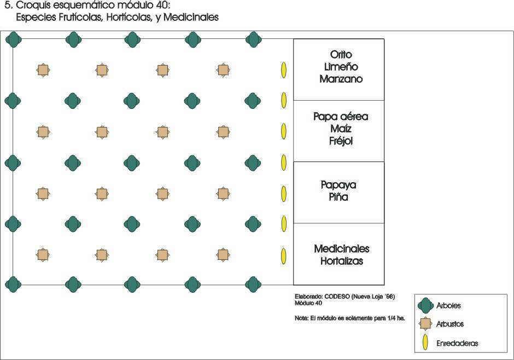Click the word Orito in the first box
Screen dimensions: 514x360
341,54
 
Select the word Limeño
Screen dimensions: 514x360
341,67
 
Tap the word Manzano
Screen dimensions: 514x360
341,79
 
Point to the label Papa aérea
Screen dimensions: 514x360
341,117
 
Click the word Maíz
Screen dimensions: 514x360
341,129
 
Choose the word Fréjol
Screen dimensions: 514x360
341,141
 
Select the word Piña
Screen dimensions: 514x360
338,197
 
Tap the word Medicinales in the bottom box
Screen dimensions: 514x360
342,249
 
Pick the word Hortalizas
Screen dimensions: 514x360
342,261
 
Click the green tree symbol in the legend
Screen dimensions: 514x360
426,306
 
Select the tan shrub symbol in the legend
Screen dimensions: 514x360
425,324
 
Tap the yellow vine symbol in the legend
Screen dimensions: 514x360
425,342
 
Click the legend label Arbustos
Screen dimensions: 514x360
449,324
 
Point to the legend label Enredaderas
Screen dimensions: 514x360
457,343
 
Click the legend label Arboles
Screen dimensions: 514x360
448,306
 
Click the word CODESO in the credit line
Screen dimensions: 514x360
337,297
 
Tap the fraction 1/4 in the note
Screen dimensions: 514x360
392,318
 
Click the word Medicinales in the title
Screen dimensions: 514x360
191,17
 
